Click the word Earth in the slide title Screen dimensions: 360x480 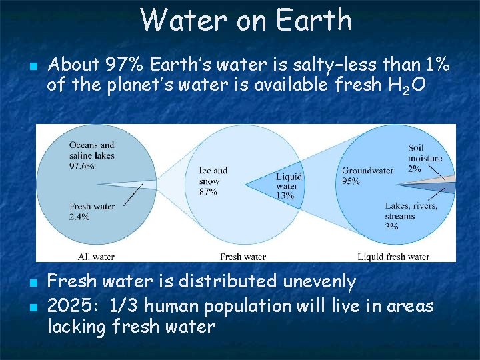[x=315, y=20]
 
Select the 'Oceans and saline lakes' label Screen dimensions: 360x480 [x=91, y=150]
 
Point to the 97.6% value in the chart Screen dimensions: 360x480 [x=82, y=166]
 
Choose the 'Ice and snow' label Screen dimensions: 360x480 [x=213, y=175]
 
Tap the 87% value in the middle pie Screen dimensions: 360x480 [x=208, y=192]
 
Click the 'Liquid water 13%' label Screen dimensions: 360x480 [x=289, y=186]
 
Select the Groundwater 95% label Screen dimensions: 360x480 [x=367, y=175]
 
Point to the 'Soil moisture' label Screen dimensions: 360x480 [x=425, y=153]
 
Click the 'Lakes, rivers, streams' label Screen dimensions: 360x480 [x=411, y=211]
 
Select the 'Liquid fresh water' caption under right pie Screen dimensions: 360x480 [x=393, y=256]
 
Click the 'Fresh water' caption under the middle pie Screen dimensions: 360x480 [x=243, y=256]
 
